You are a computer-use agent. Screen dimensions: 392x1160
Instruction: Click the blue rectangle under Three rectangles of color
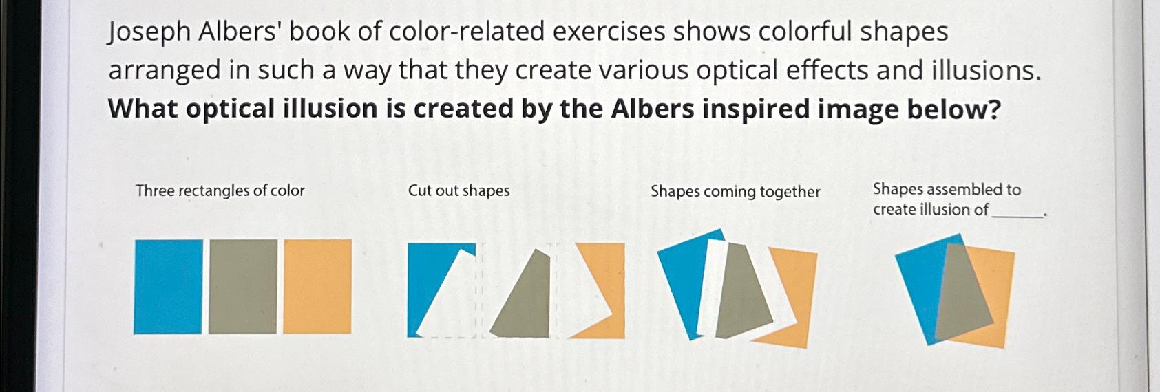click(168, 286)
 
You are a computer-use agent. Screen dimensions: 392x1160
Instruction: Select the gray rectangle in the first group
click(242, 286)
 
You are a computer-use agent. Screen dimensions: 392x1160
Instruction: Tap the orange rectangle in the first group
click(317, 286)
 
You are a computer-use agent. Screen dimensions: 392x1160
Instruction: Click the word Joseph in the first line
click(148, 32)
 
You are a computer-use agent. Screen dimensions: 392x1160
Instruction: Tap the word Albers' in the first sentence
click(237, 32)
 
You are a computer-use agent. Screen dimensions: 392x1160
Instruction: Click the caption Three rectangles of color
click(220, 190)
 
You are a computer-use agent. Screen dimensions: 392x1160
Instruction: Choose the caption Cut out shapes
click(458, 190)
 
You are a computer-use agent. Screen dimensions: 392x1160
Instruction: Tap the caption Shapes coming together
click(735, 192)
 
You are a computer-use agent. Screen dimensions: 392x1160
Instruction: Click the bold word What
click(143, 109)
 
